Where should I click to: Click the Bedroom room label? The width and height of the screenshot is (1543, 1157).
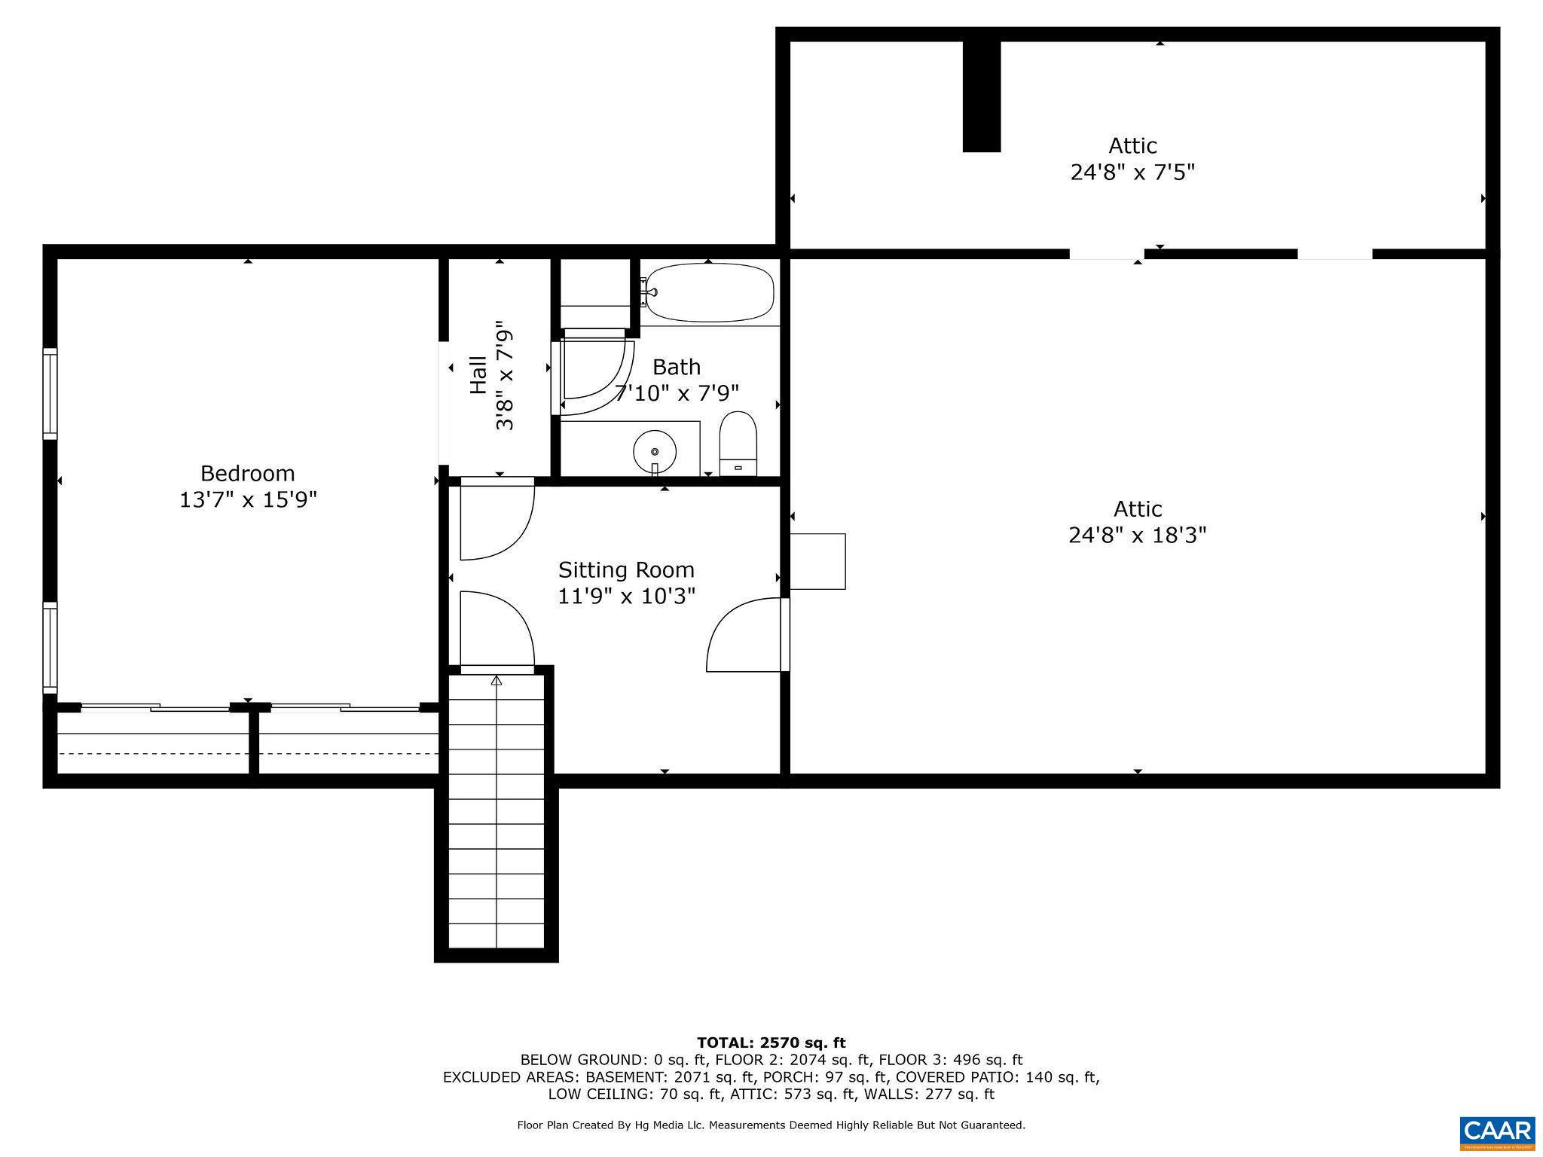point(247,473)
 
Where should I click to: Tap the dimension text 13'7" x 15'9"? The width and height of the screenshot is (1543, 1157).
point(247,500)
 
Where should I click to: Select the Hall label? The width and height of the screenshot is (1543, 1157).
point(478,374)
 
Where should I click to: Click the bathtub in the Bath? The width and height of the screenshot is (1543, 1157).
point(710,292)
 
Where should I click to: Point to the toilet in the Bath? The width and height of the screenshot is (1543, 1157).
point(738,444)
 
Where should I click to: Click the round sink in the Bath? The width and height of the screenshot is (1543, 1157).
point(654,451)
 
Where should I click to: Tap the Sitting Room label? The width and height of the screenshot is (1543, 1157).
point(625,569)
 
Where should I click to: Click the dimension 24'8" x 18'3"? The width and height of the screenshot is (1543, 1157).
point(1137,536)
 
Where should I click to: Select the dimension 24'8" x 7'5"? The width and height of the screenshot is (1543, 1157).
point(1132,172)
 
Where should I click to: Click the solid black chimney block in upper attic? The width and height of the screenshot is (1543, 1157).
point(981,96)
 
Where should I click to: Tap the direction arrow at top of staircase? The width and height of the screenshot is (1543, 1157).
point(496,681)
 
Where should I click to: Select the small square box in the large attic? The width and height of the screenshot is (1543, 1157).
point(817,561)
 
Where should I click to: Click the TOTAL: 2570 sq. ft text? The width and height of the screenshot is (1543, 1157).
point(771,1043)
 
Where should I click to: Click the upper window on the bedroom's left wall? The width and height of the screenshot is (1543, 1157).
point(50,393)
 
